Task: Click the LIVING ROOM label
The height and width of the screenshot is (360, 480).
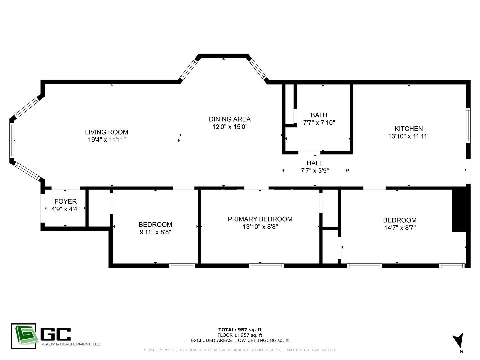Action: pos(106,132)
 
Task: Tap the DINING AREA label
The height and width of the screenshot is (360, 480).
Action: pos(230,119)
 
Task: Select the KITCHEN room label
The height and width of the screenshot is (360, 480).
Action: pos(409,129)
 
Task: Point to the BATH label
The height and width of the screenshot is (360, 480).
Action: pos(319,115)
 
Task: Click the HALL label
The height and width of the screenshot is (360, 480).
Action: pos(315,163)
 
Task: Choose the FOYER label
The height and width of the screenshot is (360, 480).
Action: pos(65,202)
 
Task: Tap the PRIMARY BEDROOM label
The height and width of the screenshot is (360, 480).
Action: pos(260,219)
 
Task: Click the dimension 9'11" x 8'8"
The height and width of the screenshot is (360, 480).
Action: pos(155,232)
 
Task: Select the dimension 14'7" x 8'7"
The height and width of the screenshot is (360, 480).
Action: pos(400,228)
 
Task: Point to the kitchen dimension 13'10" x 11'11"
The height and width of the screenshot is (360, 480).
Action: pos(409,136)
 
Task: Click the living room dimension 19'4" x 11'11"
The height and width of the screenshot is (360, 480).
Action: pos(106,140)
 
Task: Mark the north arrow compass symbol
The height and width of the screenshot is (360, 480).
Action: pos(458,341)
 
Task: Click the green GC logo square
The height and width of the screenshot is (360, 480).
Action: pos(23,336)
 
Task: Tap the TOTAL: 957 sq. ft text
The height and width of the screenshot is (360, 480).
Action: pos(240,330)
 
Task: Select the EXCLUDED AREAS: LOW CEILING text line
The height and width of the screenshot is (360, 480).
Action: pos(240,340)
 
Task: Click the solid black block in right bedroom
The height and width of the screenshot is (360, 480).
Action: pos(459,210)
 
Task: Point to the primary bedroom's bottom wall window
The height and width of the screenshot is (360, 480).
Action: pos(266,266)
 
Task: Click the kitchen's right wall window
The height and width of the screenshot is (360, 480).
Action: pos(468,126)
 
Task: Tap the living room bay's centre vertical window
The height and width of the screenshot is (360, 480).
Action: pos(12,140)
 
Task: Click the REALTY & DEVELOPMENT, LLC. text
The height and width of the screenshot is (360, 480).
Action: pos(70,344)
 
